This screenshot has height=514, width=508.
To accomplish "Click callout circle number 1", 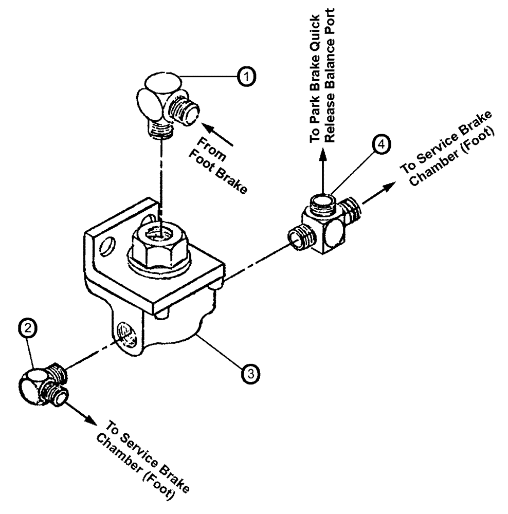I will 247,77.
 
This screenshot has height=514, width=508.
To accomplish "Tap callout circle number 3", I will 249,373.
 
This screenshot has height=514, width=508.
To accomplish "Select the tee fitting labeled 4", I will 324,226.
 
